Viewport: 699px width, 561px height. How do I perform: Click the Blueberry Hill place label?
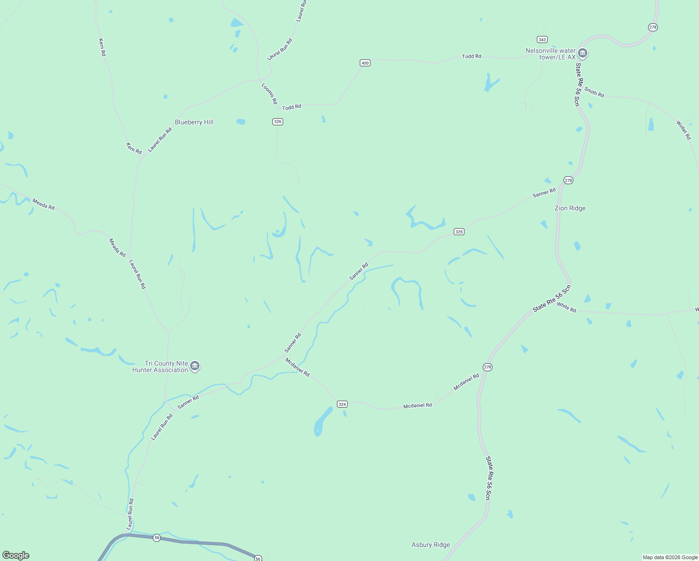click(194, 122)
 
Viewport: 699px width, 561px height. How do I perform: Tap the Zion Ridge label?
click(570, 208)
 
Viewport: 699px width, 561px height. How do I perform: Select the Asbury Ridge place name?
click(430, 545)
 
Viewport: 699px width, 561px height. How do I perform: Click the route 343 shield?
click(542, 39)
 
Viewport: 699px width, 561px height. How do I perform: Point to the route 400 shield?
click(365, 63)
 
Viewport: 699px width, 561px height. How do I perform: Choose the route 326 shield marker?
click(278, 122)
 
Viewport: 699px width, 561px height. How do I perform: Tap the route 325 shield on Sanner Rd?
click(459, 231)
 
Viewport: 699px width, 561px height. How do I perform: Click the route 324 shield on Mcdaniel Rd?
click(342, 404)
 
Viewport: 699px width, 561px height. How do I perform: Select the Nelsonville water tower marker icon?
click(583, 53)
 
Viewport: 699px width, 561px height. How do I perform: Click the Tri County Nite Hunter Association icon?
click(195, 366)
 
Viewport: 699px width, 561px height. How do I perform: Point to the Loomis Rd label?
click(269, 93)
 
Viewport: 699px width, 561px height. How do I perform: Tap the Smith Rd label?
click(594, 93)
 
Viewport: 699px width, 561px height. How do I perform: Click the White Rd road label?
click(566, 308)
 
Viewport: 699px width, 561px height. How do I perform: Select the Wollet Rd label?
click(683, 130)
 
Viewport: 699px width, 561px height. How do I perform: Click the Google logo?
click(15, 555)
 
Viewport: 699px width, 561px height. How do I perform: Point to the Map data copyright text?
click(670, 557)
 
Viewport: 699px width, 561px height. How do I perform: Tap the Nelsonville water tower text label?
click(550, 54)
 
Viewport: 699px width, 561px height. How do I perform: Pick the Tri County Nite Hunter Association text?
click(160, 367)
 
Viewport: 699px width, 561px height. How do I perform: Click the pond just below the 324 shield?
click(322, 421)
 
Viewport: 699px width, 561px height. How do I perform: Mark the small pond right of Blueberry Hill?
click(241, 122)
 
